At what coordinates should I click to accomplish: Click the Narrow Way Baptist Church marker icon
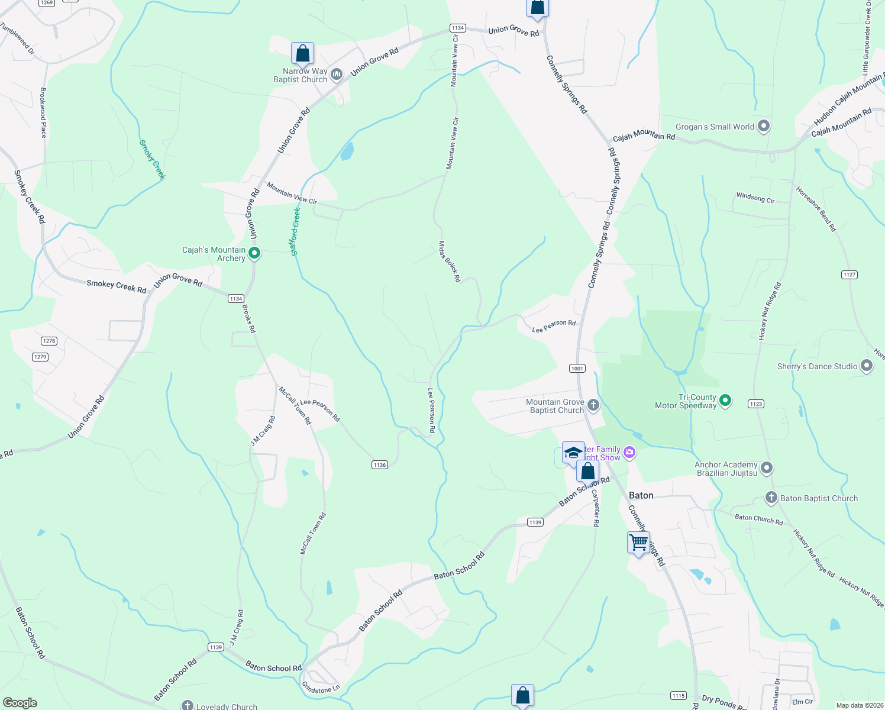(x=337, y=75)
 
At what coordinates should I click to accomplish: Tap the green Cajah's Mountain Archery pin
(x=254, y=254)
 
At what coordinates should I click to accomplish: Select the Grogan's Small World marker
(x=764, y=126)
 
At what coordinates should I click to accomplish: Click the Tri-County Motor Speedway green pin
(x=725, y=401)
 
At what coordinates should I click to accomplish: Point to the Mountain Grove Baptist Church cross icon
(x=593, y=405)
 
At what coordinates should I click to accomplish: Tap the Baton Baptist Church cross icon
(x=771, y=498)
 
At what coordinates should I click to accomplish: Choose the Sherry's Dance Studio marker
(x=867, y=366)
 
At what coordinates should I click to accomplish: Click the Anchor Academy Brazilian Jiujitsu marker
(x=767, y=468)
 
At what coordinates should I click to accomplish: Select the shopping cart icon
(x=638, y=543)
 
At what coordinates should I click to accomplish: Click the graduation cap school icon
(x=573, y=453)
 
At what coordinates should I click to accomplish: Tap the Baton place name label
(x=641, y=495)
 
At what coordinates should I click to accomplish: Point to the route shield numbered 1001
(x=577, y=368)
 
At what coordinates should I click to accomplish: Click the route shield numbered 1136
(x=380, y=464)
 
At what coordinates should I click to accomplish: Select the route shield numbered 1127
(x=850, y=275)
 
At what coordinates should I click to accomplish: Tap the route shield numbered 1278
(x=49, y=341)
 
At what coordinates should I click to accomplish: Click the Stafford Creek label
(x=296, y=231)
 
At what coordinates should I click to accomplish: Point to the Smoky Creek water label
(x=152, y=159)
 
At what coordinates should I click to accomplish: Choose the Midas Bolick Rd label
(x=450, y=261)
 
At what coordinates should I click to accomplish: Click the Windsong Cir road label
(x=755, y=198)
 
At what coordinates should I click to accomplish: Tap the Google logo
(x=20, y=702)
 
